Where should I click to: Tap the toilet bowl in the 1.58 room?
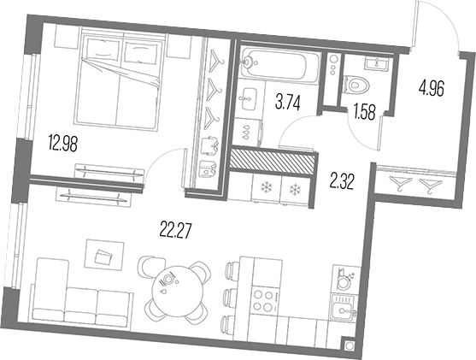[358, 83]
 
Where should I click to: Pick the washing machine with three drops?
[246, 130]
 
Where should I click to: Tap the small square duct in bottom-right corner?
[348, 346]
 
